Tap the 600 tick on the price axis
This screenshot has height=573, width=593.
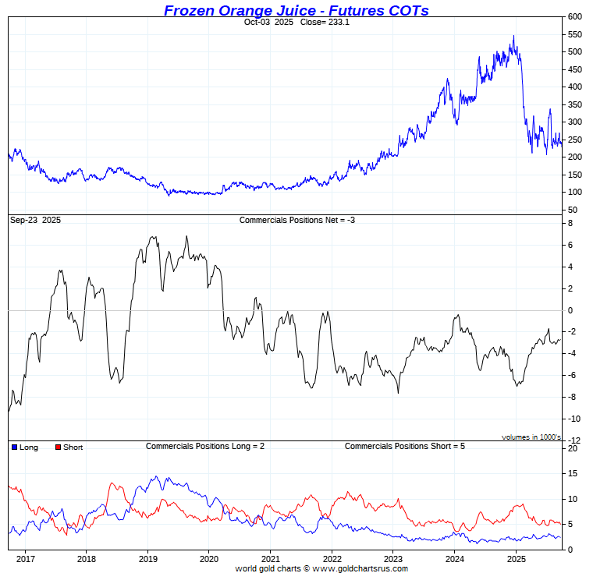click(575, 16)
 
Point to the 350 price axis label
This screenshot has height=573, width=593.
click(575, 104)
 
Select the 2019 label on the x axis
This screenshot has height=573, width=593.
click(147, 559)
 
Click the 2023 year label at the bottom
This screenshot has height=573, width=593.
click(392, 559)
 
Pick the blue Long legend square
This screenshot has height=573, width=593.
click(15, 447)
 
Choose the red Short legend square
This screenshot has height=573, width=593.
click(58, 447)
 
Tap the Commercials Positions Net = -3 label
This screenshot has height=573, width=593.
click(297, 221)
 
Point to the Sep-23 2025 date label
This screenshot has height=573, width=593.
click(35, 221)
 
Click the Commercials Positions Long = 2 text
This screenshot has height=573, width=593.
click(205, 446)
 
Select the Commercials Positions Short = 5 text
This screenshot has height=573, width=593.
click(404, 446)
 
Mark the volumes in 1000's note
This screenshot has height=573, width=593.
click(531, 437)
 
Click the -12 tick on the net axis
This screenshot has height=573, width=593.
click(573, 441)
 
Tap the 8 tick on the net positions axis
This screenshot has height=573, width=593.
click(571, 224)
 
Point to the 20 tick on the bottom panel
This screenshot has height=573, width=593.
click(572, 448)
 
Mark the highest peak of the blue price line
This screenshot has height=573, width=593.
click(513, 36)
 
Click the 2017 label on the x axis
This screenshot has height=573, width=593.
click(25, 559)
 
